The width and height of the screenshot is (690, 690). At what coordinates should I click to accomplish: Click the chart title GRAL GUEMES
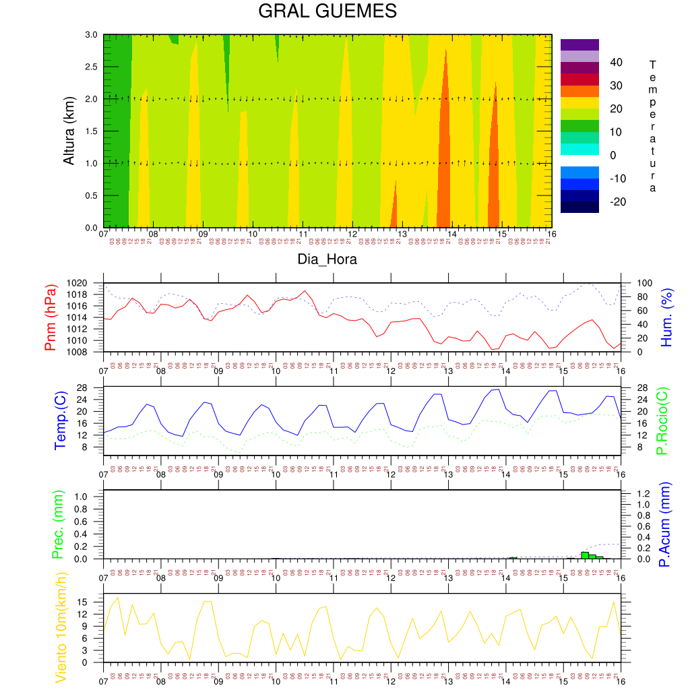point(327,11)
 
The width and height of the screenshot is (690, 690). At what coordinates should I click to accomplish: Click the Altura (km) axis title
point(69,131)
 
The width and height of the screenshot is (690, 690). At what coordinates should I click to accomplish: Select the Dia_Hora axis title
point(327,259)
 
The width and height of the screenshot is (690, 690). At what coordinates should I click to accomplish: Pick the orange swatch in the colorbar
point(579,91)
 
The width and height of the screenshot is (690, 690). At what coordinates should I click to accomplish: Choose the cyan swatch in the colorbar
point(579,149)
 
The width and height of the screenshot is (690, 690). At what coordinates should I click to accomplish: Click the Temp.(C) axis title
point(61,420)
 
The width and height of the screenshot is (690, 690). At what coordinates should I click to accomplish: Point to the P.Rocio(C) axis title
point(662,420)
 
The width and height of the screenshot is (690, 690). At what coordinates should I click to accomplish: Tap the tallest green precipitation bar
point(585,555)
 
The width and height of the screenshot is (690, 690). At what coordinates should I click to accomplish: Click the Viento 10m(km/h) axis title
point(61,627)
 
